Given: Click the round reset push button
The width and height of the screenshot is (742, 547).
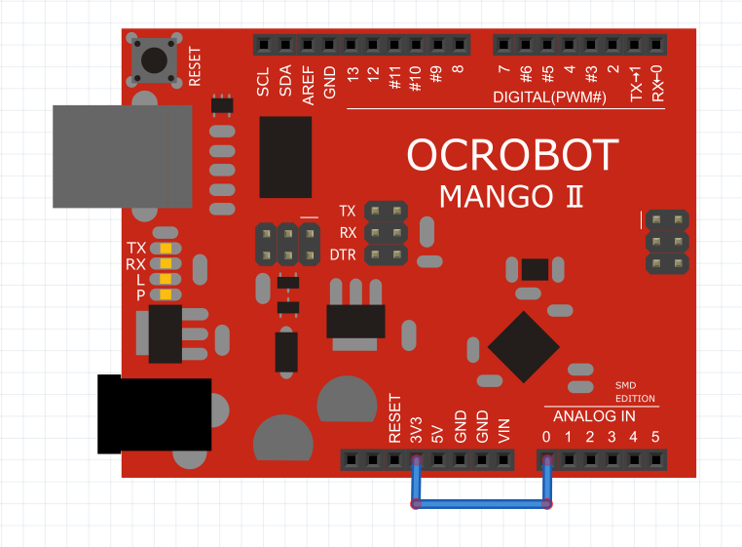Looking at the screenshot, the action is pos(154,60).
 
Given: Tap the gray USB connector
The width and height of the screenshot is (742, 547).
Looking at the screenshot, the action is pos(122,156).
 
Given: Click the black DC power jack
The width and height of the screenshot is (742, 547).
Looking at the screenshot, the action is pos(154,413).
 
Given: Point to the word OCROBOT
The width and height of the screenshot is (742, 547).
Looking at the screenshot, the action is pos(512,155).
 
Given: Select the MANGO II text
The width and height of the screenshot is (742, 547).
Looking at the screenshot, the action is pos(511,196).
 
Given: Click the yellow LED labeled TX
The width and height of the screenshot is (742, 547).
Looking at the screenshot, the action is pos(166,249).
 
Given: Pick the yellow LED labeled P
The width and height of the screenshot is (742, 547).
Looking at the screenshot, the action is pos(166,294).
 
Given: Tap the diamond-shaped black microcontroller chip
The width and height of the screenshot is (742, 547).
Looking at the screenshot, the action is pos(524,347).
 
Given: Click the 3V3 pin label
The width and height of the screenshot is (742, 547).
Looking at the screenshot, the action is pos(416,430).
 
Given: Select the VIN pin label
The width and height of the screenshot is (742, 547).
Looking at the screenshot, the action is pos(504,431).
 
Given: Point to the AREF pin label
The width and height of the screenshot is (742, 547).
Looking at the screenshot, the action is pos(308,86).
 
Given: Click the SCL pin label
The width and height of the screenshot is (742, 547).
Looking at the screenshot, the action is pos(263,82).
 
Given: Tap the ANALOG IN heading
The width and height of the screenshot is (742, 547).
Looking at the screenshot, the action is pos(594,416).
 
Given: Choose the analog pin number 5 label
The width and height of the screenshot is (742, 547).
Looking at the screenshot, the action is pos(655,437).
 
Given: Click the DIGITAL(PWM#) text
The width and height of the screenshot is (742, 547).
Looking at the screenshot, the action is pos(549,98).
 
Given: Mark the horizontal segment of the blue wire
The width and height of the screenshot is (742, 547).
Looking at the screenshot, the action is pos(481,504).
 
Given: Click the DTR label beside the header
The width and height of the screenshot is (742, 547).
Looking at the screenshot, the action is pos(343,255).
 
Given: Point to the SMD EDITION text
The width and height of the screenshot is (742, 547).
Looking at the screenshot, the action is pos(635,392).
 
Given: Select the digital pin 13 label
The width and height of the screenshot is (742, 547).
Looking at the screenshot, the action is pos(352,73).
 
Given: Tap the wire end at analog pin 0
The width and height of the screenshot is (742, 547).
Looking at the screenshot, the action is pos(547,460).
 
